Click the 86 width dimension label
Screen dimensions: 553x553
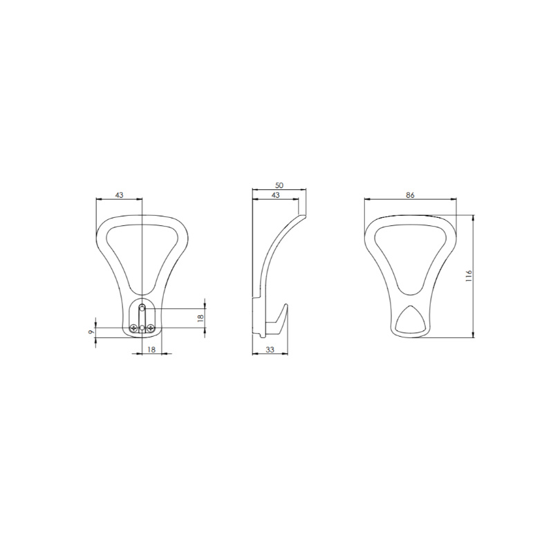pyautogui.click(x=410, y=195)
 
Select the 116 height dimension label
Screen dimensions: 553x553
pyautogui.click(x=469, y=275)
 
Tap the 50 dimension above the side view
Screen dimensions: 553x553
pyautogui.click(x=279, y=185)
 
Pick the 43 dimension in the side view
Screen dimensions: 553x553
pyautogui.click(x=275, y=195)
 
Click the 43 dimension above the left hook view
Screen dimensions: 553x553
pyautogui.click(x=119, y=195)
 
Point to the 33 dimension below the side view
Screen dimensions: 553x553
pyautogui.click(x=270, y=350)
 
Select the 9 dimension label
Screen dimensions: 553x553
pyautogui.click(x=91, y=332)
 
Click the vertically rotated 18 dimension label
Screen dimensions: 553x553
pyautogui.click(x=200, y=318)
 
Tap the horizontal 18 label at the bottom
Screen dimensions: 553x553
pyautogui.click(x=151, y=350)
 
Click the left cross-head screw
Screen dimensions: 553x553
pyautogui.click(x=133, y=328)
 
